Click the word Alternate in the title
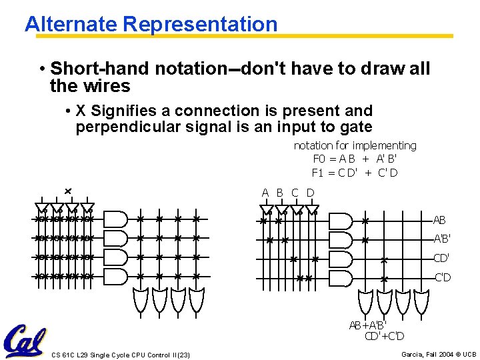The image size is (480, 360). [71, 25]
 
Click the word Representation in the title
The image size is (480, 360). [200, 25]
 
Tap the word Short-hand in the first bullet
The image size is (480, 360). [99, 69]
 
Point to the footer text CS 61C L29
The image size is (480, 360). [73, 355]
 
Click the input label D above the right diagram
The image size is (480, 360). [310, 193]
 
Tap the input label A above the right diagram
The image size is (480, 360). [265, 193]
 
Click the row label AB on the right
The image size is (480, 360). [439, 220]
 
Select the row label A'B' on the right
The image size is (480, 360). [441, 239]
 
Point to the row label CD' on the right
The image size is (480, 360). [441, 258]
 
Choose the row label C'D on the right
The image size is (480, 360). [443, 277]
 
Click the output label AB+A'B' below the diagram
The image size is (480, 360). [367, 325]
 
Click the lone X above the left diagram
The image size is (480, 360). [68, 192]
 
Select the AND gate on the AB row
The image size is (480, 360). [341, 220]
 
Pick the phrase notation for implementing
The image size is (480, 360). [355, 145]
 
